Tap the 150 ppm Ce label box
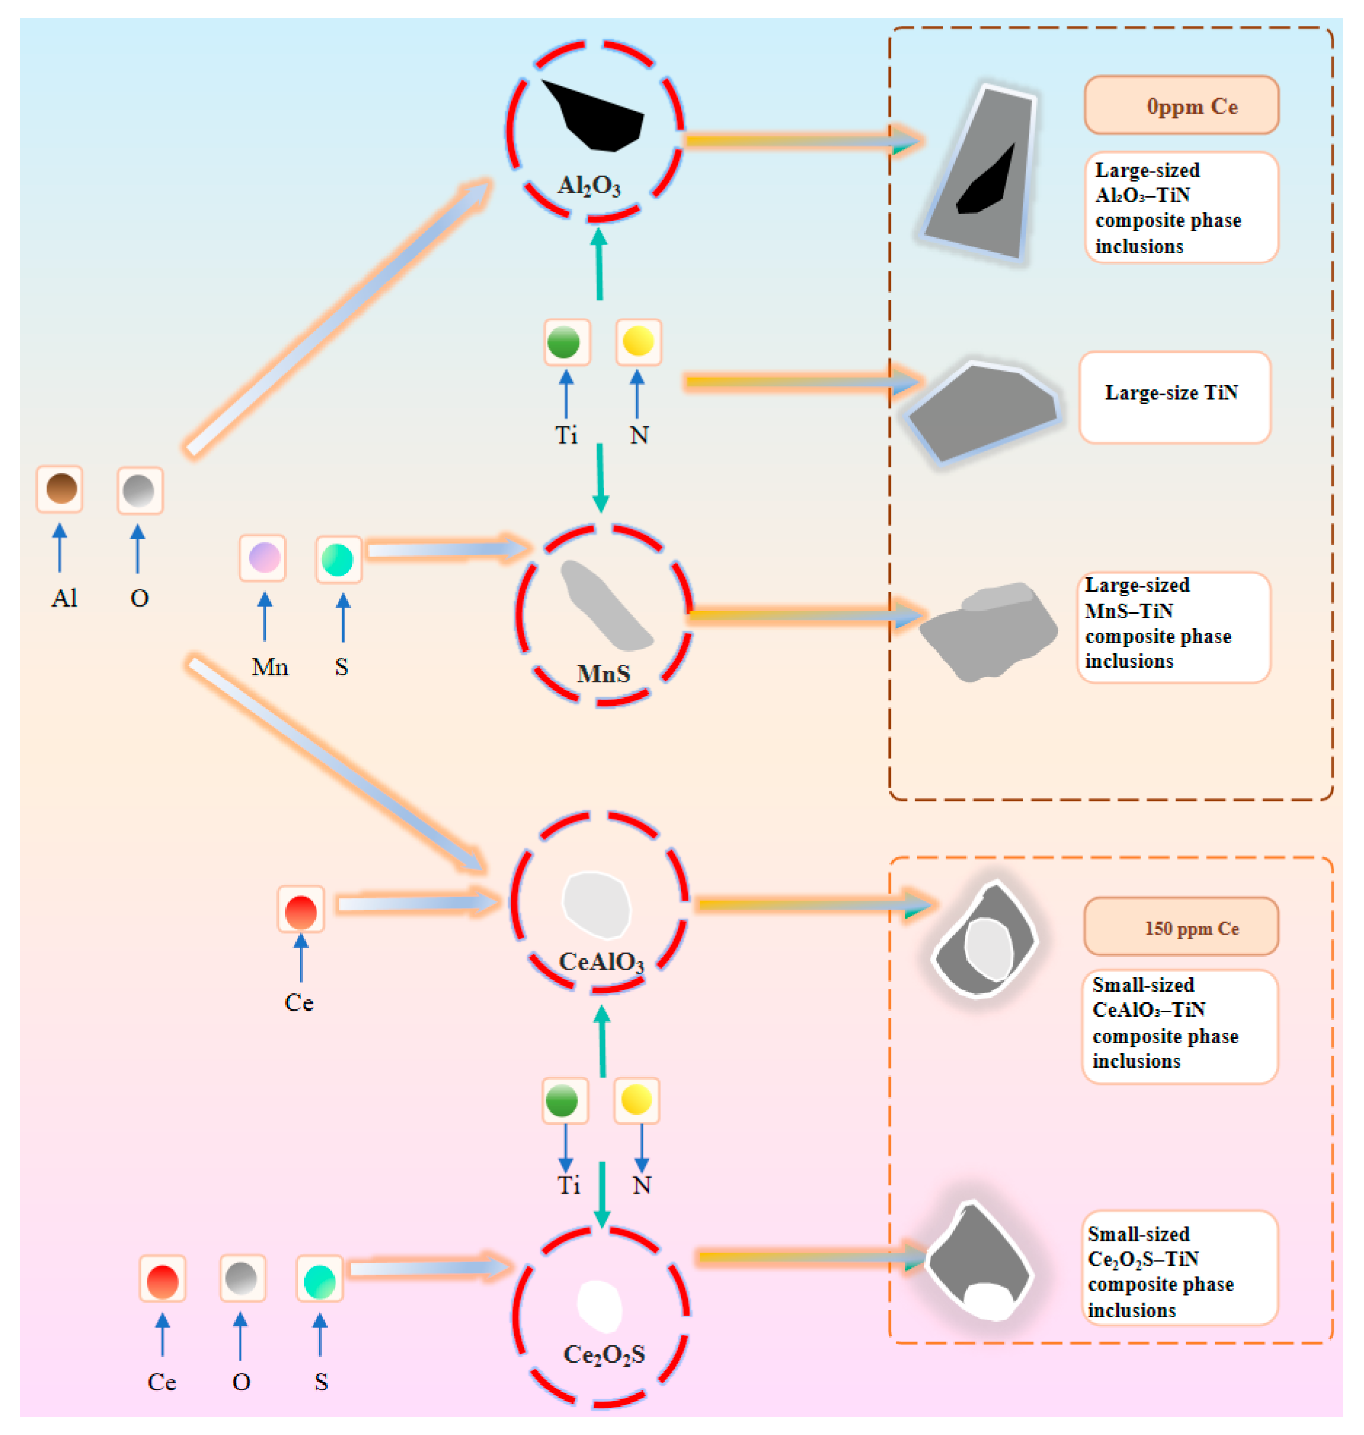[1181, 926]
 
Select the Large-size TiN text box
[1175, 397]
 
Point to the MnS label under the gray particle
[603, 674]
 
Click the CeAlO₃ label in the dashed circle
[601, 961]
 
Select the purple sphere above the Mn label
[264, 558]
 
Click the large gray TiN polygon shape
[983, 411]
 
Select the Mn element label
[270, 666]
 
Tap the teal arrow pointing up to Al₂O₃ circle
[599, 264]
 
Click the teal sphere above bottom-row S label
[320, 1281]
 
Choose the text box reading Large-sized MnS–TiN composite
[1174, 626]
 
